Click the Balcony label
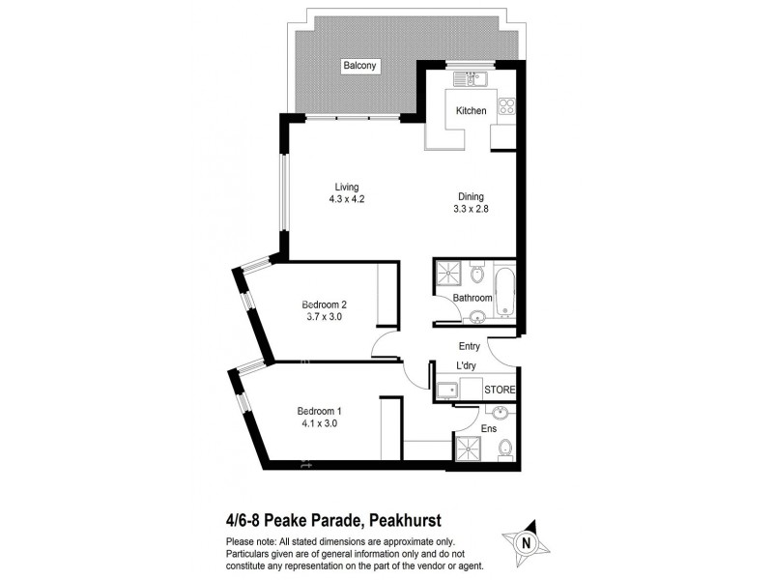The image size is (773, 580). point(359,67)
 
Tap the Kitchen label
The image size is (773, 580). point(472,111)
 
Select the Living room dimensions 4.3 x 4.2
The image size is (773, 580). point(346,199)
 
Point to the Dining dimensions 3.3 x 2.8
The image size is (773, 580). point(472,209)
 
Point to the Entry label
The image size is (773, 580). point(470,345)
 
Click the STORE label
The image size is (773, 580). point(500,390)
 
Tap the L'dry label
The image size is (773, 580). point(469,366)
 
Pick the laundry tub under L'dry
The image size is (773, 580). point(445,391)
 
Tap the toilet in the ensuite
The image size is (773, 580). point(504,448)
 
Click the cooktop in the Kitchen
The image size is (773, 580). point(506,107)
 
